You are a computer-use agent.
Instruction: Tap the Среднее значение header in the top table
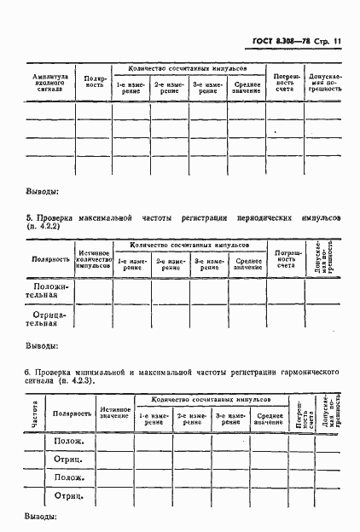coord(248,87)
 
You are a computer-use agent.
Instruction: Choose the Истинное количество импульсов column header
coord(94,259)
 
